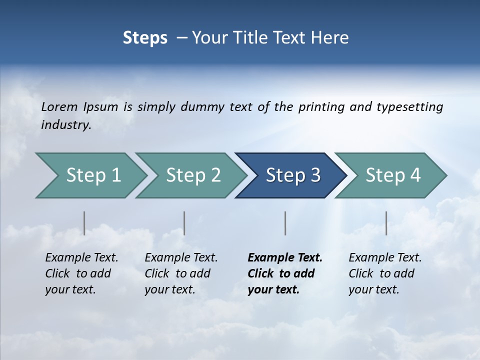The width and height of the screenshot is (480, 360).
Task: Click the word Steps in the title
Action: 145,38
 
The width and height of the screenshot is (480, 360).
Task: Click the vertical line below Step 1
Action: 84,223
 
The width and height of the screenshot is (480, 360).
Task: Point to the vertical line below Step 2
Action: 184,223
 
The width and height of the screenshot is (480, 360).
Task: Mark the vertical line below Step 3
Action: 285,223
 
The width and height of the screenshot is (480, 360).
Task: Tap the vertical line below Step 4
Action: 386,223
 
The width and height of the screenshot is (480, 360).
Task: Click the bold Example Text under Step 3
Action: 285,273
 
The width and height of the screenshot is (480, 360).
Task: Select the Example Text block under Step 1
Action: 81,273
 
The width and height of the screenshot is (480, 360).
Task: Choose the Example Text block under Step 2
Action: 181,273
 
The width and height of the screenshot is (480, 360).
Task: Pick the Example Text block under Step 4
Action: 385,273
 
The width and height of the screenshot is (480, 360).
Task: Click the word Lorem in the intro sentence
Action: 59,106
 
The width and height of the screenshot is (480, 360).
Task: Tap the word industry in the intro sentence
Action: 65,125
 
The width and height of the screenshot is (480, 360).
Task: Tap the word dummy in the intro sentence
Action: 202,107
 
